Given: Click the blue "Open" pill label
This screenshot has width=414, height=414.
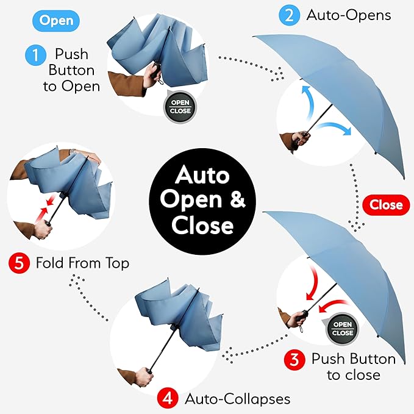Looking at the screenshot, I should pyautogui.click(x=56, y=21).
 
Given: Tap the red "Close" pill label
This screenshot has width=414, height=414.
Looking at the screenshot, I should pyautogui.click(x=385, y=205).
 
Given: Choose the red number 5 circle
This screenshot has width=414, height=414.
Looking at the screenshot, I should pyautogui.click(x=19, y=264).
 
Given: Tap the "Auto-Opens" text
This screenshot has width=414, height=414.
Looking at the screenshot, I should pyautogui.click(x=349, y=15).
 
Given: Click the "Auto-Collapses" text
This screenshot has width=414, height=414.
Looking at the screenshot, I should pyautogui.click(x=237, y=399).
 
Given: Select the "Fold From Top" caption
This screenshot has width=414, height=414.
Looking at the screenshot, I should pyautogui.click(x=83, y=264).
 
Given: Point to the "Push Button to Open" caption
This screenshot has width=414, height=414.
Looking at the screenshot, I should pyautogui.click(x=71, y=70).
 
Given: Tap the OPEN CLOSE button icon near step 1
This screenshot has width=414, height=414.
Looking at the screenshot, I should pyautogui.click(x=180, y=106).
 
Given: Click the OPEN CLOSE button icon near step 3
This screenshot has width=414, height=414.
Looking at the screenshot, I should pyautogui.click(x=342, y=329).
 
